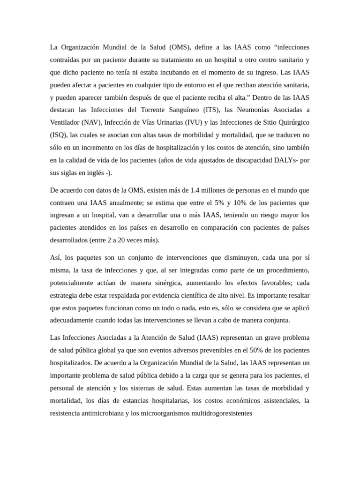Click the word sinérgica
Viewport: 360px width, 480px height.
[163, 283]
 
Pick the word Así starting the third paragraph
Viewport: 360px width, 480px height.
[55, 257]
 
